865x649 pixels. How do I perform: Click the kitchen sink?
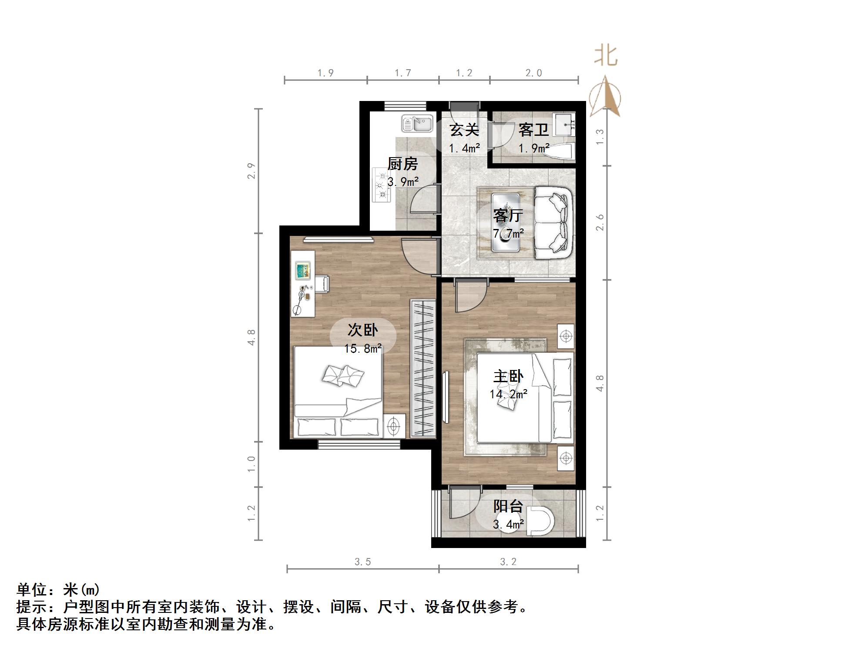417,123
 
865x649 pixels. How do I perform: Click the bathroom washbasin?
564,124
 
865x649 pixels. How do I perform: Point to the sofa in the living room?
552,222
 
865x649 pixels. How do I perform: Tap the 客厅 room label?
508,215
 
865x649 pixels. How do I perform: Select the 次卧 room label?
362,330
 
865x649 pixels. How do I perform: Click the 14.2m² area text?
508,394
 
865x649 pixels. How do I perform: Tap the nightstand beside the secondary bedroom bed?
394,426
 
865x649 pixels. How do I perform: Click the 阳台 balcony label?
508,506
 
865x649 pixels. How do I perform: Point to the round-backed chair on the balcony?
541,521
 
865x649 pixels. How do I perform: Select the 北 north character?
606,56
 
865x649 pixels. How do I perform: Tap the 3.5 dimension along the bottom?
362,562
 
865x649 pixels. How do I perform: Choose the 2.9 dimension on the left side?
251,171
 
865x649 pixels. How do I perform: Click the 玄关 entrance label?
464,130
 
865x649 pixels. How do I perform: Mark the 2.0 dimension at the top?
533,73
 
